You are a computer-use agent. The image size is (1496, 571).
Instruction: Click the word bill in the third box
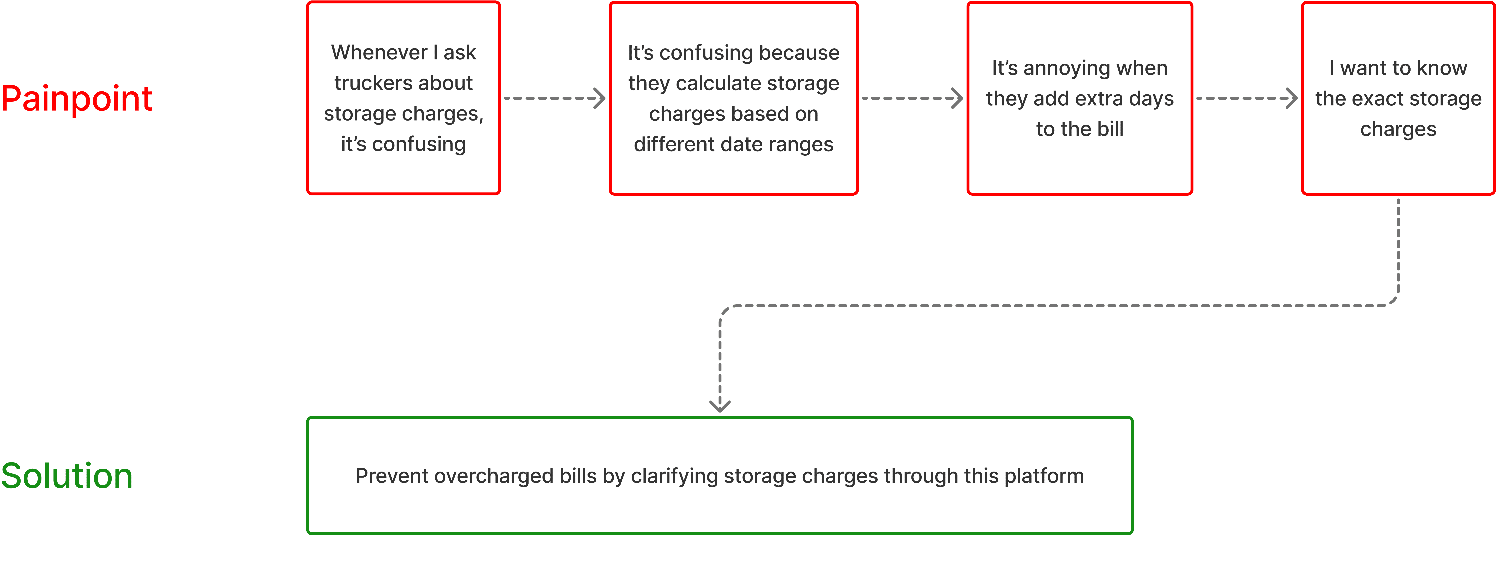click(1110, 129)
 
